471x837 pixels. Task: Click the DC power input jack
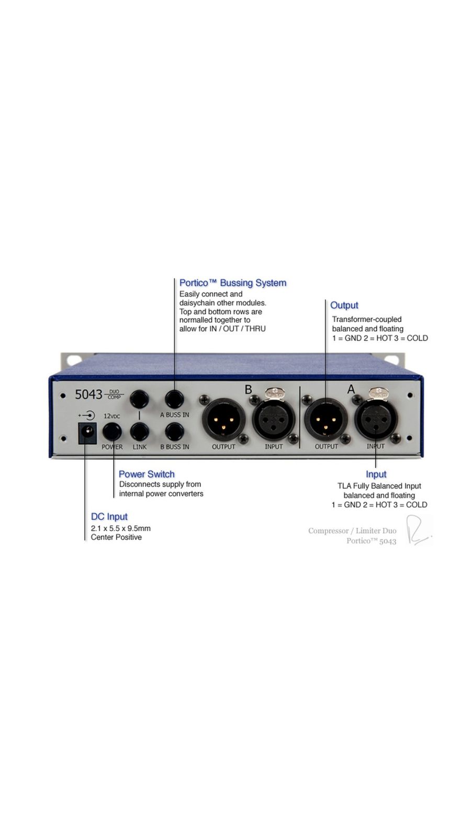coord(87,433)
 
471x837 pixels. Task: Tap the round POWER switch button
coord(111,432)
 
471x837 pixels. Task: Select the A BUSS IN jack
coord(174,399)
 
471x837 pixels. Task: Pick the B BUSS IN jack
coord(174,432)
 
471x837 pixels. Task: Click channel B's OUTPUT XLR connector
coord(223,420)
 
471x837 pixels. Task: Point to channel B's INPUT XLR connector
coord(273,420)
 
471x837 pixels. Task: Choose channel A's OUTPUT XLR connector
coord(326,420)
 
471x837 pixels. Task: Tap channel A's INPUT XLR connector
coord(376,420)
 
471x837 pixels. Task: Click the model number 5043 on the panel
coord(88,394)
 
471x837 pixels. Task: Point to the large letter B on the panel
coord(248,390)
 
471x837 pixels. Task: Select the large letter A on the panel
coord(351,389)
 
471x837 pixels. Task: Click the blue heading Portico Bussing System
coord(233,283)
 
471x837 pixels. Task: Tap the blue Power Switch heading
coord(147,474)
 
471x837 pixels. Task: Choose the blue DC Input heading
coord(109,517)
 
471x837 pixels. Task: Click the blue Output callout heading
coord(344,306)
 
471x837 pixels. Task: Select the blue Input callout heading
coord(376,474)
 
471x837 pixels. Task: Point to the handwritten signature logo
coord(418,530)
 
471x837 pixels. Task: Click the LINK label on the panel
coord(140,447)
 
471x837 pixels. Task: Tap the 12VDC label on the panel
coord(111,416)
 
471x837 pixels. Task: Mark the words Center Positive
coord(116,537)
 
